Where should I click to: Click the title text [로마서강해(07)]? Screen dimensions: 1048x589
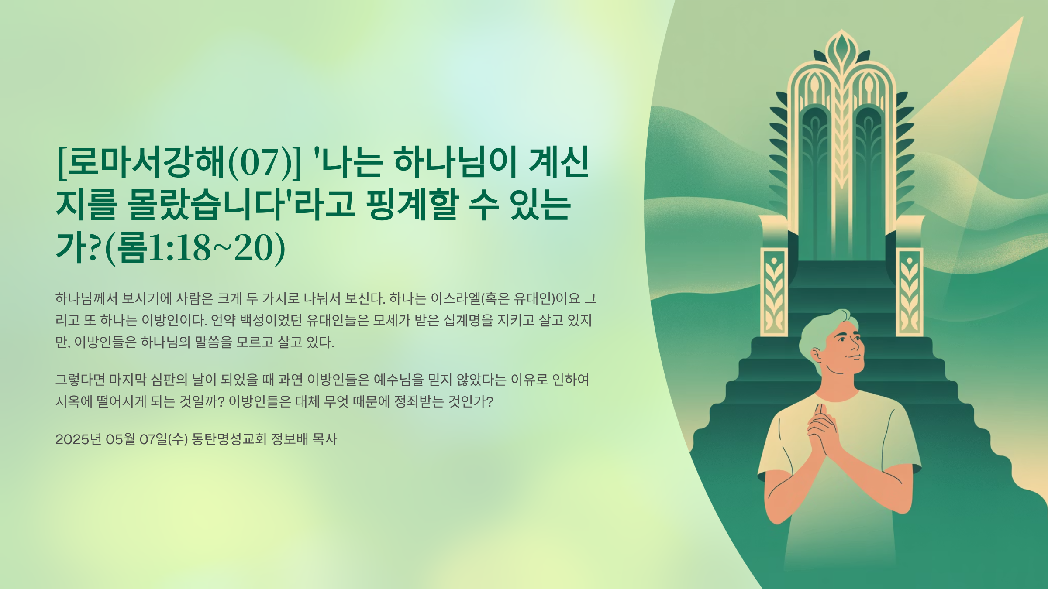[179, 163]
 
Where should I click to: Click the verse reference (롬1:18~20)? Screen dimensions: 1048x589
[195, 248]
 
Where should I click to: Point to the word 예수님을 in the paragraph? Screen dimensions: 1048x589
[399, 380]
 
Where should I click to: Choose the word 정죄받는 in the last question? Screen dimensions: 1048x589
[419, 401]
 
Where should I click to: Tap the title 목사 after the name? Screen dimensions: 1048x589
[325, 439]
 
